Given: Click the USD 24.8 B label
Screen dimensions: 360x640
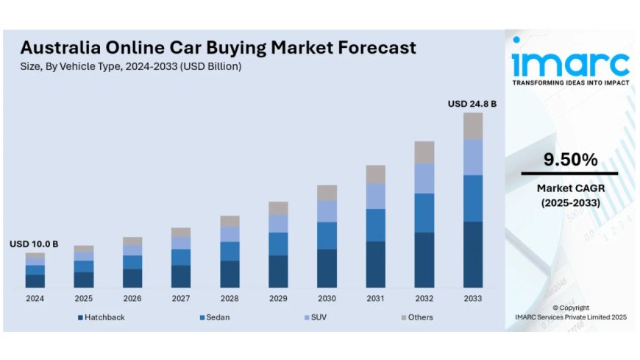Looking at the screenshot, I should click(472, 105).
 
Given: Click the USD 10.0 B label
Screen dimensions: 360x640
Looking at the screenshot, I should click(34, 244).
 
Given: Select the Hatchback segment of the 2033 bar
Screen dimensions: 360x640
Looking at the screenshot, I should click(473, 254).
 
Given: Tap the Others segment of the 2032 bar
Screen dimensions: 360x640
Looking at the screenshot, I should click(424, 152).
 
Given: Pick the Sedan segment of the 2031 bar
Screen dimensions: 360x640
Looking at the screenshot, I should click(376, 225).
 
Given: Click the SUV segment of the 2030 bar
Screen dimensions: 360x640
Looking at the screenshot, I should click(327, 211).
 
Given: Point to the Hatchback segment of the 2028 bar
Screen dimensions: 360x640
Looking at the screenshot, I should click(230, 274).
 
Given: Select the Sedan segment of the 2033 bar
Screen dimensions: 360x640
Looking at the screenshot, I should click(473, 198).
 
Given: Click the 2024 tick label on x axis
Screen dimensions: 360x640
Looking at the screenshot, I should click(35, 298).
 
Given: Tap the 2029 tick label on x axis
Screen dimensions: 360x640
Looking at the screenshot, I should click(278, 298).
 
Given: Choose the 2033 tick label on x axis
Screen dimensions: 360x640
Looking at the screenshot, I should click(473, 298).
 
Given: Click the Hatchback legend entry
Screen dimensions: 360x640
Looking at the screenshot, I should click(101, 317).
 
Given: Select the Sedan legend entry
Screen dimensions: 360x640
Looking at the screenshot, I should click(214, 317).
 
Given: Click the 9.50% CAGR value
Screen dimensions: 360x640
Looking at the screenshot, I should click(570, 160).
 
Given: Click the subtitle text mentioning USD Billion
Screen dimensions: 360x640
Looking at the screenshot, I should click(130, 67).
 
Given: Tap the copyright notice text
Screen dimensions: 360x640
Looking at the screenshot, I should click(570, 312).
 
